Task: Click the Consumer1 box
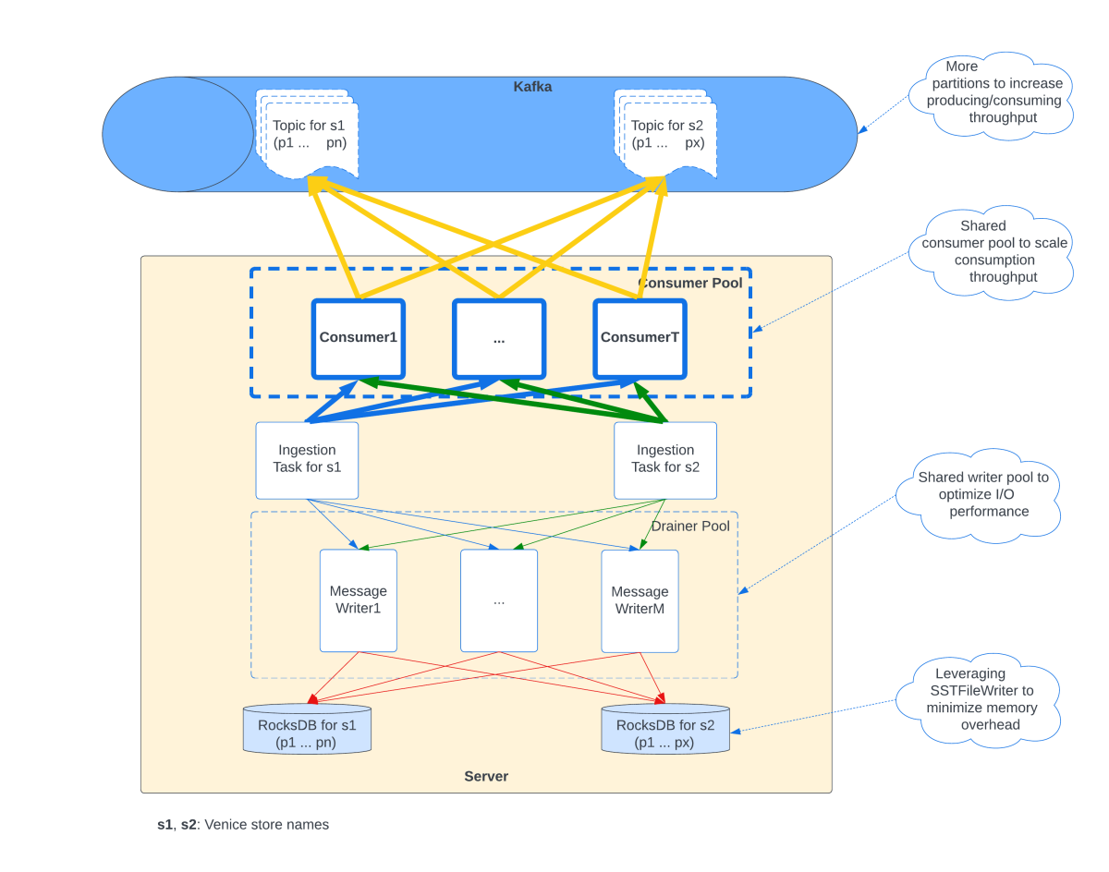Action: [359, 338]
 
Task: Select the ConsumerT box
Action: [640, 338]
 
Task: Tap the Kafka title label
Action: [532, 87]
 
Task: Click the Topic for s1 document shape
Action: [309, 135]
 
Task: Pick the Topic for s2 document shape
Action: [667, 135]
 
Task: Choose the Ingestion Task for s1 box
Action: [307, 460]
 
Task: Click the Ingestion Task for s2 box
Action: [665, 460]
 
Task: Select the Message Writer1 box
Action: [359, 600]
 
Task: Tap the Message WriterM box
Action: [640, 600]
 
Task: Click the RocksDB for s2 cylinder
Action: [665, 730]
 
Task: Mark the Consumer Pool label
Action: [690, 283]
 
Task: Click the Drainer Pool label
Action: [690, 527]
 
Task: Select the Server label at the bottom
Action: [486, 776]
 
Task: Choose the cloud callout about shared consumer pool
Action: [994, 251]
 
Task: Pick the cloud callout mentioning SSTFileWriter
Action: [983, 699]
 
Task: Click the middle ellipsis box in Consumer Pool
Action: [499, 338]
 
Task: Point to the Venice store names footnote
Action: [243, 824]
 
